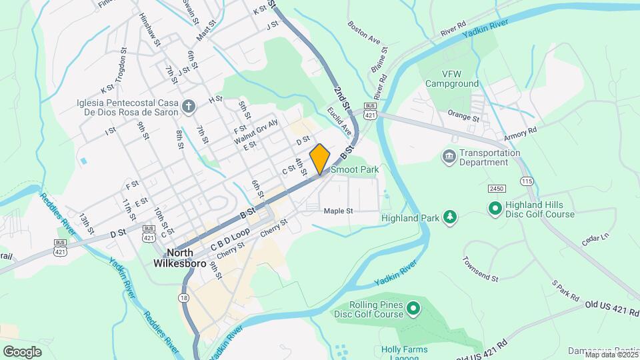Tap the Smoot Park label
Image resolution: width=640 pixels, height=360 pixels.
(355, 170)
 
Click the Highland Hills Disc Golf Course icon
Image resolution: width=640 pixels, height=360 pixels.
(495, 209)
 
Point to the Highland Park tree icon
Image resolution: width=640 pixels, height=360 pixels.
(451, 217)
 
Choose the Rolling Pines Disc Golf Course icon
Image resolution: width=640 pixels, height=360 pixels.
(413, 308)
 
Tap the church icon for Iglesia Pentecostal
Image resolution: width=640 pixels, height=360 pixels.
(189, 107)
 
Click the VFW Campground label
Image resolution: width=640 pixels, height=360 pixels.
(451, 79)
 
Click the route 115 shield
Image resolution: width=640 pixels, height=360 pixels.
(528, 181)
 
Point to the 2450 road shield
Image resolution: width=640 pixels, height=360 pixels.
(496, 189)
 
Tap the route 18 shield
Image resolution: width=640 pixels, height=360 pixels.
(183, 298)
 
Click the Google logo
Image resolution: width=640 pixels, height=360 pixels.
(23, 351)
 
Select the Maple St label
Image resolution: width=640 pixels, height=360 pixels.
(337, 211)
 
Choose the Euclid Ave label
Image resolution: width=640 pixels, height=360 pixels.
(339, 117)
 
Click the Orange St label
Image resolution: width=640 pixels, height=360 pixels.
(463, 116)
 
